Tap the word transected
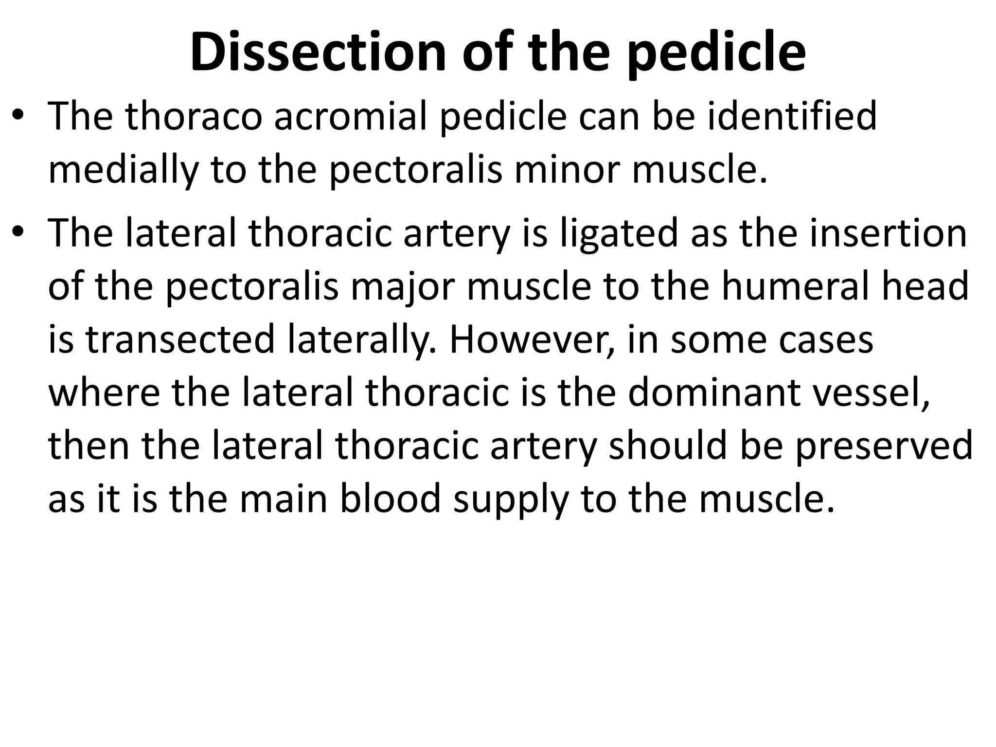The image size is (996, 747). click(x=181, y=339)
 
